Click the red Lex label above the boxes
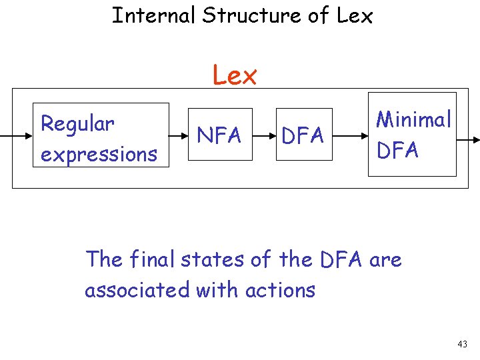(x=235, y=76)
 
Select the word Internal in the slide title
(x=153, y=15)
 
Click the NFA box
(x=220, y=135)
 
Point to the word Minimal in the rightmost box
(x=413, y=119)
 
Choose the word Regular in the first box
(x=77, y=124)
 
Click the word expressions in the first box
(x=99, y=154)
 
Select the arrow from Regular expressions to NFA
(x=179, y=135)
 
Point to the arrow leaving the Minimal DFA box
(x=467, y=139)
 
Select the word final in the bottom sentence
(x=152, y=259)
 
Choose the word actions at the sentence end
(x=280, y=290)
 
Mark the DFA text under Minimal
(x=397, y=150)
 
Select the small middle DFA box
(x=303, y=135)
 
